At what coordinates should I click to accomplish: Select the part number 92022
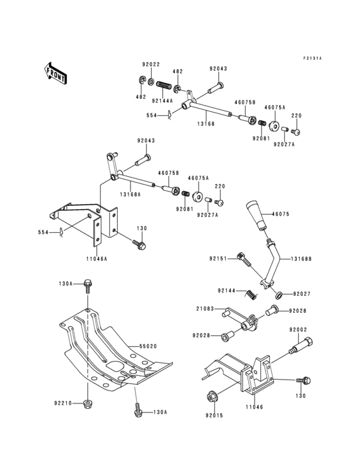(151, 65)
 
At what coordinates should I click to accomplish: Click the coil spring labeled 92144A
(164, 84)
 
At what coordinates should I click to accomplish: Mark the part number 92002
(298, 329)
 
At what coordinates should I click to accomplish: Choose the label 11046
(254, 406)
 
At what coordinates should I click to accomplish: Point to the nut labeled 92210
(86, 403)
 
